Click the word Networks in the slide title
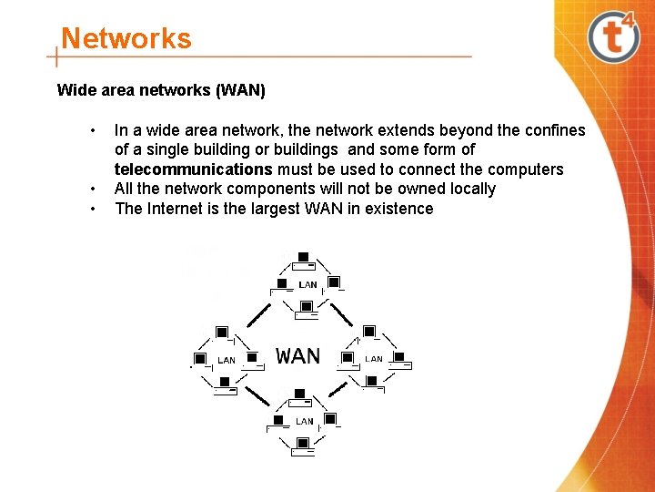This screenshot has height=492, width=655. coord(126,39)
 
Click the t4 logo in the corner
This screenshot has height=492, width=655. coord(615,36)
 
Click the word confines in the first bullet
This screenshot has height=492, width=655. coord(554,130)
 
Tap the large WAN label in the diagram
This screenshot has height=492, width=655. coord(298,355)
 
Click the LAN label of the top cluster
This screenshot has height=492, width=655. coord(308,285)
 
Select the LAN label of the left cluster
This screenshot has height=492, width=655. coord(227,361)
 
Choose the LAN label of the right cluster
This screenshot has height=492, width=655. coord(374,359)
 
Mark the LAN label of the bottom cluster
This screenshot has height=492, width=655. coord(305,422)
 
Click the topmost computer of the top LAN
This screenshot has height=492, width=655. coord(303,258)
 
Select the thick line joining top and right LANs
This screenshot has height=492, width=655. coord(341,314)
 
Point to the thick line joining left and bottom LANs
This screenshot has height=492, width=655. coord(258,395)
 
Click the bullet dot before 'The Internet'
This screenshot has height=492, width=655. coord(93,209)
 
